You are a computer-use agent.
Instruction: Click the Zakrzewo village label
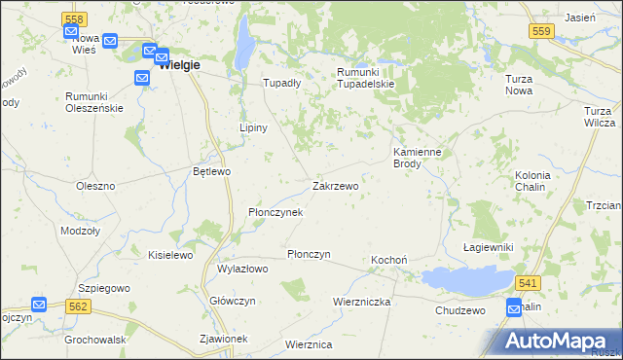pos(335,186)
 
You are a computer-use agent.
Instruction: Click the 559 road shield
pos(543,32)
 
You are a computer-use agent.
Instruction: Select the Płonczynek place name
pos(275,212)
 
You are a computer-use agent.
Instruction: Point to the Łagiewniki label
pos(488,248)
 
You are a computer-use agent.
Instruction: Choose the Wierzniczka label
pos(361,302)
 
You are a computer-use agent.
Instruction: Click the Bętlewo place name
pos(211,171)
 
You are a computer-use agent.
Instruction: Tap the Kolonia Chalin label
pos(531,181)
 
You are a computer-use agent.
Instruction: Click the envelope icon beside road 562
pos(38,305)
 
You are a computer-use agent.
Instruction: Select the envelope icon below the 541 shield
pos(514,307)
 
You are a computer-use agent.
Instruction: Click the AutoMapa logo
pos(558,340)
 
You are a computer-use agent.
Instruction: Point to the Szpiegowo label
pos(104,289)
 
